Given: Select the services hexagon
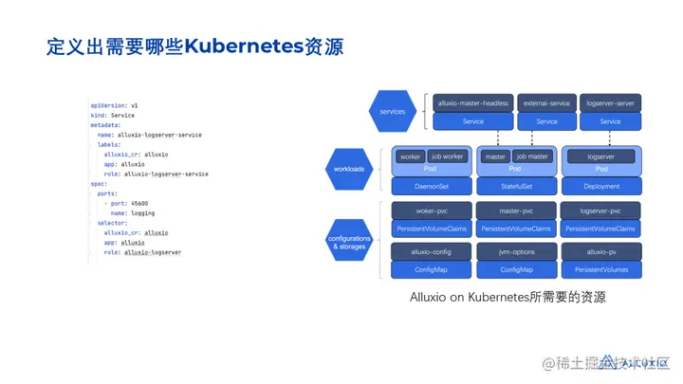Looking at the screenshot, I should [x=392, y=112].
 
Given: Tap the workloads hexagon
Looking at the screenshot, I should [x=350, y=168].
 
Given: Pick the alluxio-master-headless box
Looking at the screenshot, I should [x=472, y=102].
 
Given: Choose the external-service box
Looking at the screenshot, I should [x=546, y=102].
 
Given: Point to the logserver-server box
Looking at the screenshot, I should [x=610, y=102].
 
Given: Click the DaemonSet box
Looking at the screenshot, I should [x=431, y=186].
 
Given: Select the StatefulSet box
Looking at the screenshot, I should [x=515, y=186].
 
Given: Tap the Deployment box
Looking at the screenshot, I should [x=602, y=186].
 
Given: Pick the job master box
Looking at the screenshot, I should [x=532, y=156].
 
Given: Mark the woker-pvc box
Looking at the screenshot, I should [x=431, y=210].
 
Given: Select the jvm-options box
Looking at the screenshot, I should [x=516, y=252].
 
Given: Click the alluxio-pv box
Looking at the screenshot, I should [x=602, y=252].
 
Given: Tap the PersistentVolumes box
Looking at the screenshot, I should [x=602, y=270].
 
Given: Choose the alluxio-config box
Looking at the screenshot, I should [x=431, y=252].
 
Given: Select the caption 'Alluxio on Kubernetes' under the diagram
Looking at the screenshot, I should [x=461, y=297].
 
